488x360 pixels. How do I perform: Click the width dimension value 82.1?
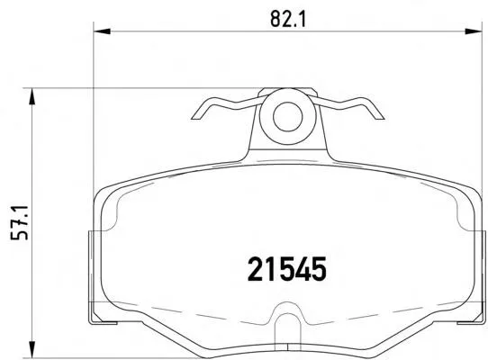[288, 19]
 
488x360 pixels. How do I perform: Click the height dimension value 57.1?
[19, 222]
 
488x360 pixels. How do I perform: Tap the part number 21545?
[287, 269]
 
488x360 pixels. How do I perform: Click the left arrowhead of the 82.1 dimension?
[102, 31]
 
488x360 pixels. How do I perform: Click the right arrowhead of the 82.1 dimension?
[473, 31]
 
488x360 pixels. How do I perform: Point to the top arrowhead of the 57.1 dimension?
[32, 96]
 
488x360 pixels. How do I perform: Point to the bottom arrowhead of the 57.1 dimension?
[32, 349]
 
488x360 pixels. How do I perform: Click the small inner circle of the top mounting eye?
[288, 116]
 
